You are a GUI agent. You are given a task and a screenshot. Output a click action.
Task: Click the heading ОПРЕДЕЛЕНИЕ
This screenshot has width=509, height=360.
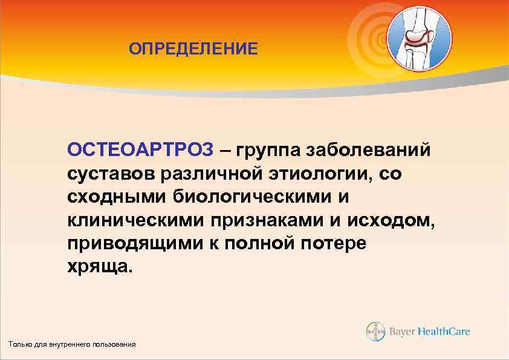[193, 48]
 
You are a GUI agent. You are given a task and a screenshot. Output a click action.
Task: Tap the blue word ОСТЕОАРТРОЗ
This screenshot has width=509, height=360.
[140, 149]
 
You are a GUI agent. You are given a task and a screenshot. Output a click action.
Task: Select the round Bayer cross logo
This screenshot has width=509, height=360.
[375, 332]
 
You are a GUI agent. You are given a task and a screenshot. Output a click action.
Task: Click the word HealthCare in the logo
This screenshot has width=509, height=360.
[446, 332]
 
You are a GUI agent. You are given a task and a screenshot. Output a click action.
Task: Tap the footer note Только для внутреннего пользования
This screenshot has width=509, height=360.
[72, 344]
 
